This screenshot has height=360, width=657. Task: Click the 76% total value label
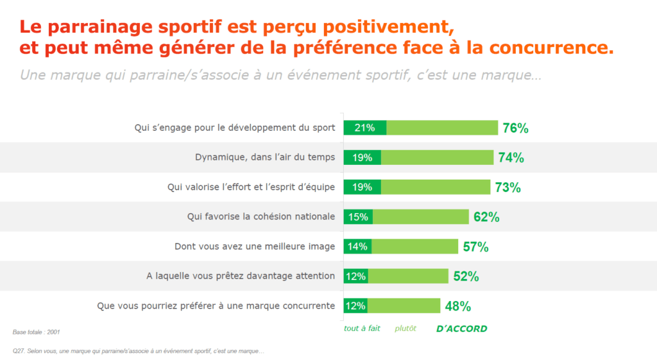(515, 128)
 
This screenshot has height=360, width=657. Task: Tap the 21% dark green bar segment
(365, 128)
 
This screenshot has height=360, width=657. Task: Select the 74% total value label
(511, 158)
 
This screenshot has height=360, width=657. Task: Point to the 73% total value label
(508, 187)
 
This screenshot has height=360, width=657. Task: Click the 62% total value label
(486, 217)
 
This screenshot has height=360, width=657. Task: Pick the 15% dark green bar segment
(359, 217)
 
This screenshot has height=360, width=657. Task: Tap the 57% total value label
(475, 247)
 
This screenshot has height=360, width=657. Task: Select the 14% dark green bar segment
(357, 246)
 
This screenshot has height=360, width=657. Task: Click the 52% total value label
(466, 277)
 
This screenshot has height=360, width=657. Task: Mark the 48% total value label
(458, 306)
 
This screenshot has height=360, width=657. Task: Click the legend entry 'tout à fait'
(363, 329)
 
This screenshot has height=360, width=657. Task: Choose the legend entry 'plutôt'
(405, 329)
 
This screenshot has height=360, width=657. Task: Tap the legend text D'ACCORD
(461, 329)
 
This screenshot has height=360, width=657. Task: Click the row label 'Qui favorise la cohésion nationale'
(261, 217)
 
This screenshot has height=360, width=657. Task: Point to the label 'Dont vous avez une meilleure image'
(255, 246)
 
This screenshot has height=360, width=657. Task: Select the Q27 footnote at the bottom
(139, 351)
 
